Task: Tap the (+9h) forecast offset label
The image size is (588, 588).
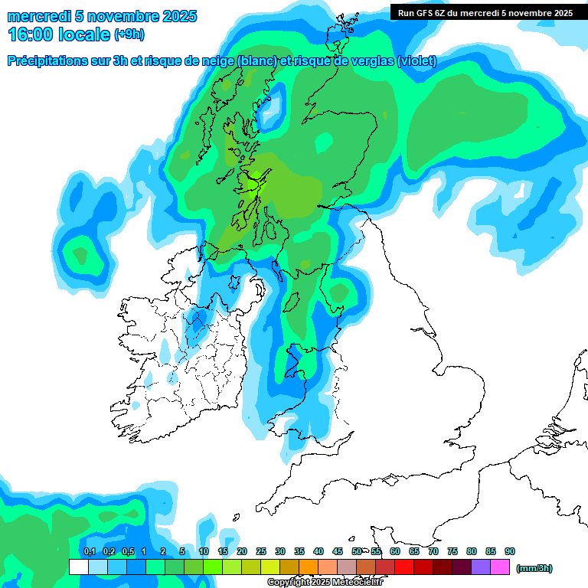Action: point(129,34)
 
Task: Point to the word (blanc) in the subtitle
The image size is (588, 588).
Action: point(257,61)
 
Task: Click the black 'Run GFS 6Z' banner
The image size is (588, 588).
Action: point(485,12)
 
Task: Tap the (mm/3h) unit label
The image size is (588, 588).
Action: point(534,568)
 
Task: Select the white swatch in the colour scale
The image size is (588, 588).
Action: point(78,567)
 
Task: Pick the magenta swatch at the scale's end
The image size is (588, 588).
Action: point(500,567)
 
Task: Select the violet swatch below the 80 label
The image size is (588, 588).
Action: point(481,567)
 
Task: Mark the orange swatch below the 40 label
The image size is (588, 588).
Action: point(309,567)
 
